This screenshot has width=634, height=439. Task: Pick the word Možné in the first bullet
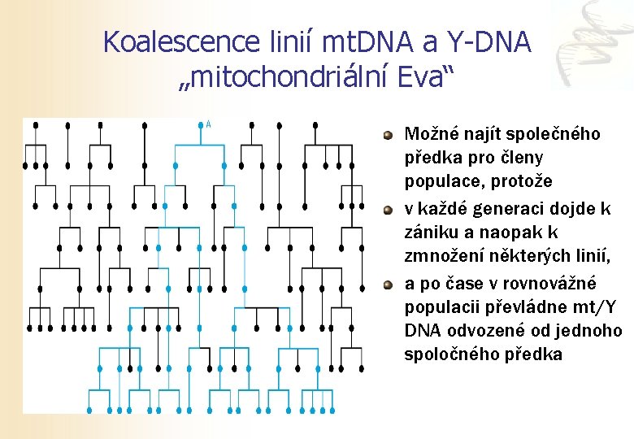click(x=429, y=134)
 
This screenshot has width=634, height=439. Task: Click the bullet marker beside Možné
click(x=389, y=134)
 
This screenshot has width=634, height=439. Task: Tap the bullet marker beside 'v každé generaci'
click(x=389, y=210)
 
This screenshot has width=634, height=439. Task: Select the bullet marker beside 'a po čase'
click(x=389, y=285)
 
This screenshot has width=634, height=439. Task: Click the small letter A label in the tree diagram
click(x=209, y=124)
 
